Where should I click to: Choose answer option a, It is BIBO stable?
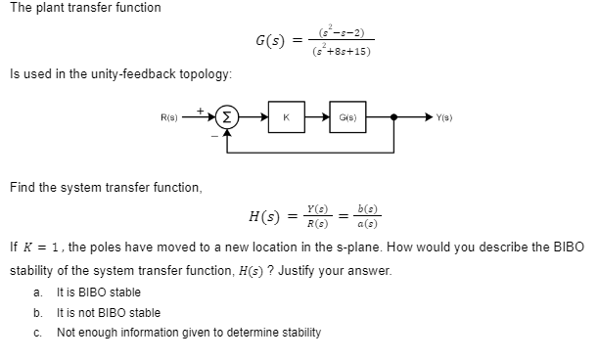pyautogui.click(x=98, y=292)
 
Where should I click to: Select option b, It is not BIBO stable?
pyautogui.click(x=108, y=312)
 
